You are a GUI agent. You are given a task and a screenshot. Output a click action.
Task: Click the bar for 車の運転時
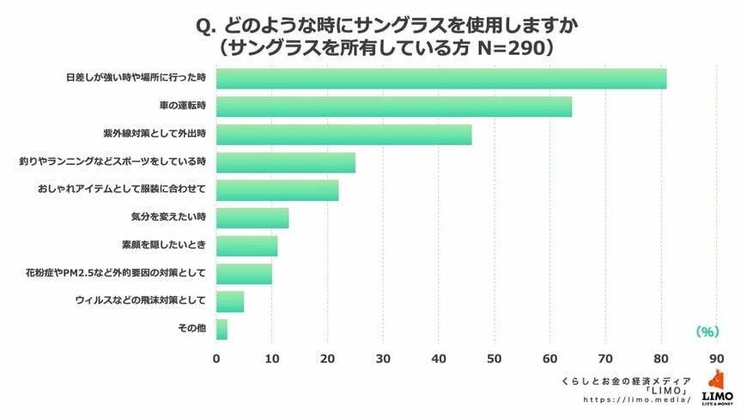pyautogui.click(x=393, y=107)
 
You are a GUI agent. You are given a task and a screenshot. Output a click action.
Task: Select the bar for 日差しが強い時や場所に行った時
pyautogui.click(x=441, y=78)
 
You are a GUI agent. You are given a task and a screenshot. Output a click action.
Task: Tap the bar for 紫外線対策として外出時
pyautogui.click(x=343, y=134)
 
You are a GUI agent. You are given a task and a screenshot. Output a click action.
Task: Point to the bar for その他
pyautogui.click(x=222, y=329)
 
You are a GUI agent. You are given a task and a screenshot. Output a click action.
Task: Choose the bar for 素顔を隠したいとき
pyautogui.click(x=246, y=246)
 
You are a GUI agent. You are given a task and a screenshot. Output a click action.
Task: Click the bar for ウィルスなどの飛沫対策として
pyautogui.click(x=230, y=301)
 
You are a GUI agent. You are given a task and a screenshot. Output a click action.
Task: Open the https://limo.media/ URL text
pyautogui.click(x=636, y=400)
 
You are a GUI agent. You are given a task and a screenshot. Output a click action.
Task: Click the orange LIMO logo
pyautogui.click(x=717, y=387)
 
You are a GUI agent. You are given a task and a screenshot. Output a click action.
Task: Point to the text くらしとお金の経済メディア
pyautogui.click(x=625, y=379)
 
